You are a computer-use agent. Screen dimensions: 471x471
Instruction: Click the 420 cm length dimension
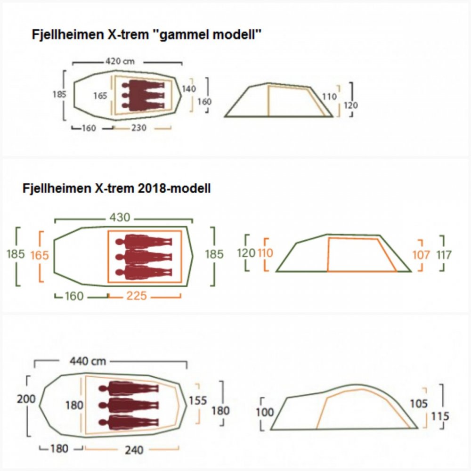120,62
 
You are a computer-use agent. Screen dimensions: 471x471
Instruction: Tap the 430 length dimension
120,217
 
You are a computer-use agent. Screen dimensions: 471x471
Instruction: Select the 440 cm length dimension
88,361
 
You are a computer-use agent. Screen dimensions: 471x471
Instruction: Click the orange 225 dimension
137,296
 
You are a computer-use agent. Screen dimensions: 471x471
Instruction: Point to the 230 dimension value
139,128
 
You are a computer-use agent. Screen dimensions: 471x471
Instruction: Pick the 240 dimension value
134,450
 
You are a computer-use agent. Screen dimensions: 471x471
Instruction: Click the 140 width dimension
189,89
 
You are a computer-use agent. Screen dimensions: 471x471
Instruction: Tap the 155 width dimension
198,400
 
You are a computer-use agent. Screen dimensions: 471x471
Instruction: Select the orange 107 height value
421,255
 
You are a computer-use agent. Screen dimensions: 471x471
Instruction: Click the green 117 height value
444,255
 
